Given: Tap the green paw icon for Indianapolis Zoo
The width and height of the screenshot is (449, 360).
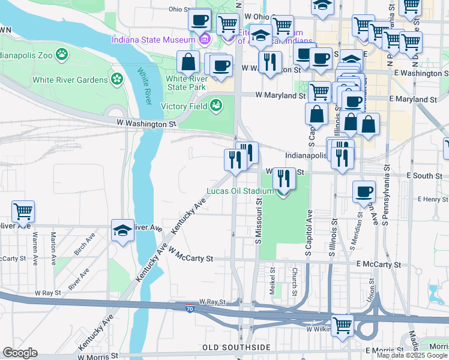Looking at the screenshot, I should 62,55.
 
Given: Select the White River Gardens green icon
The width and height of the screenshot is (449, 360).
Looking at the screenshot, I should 117,79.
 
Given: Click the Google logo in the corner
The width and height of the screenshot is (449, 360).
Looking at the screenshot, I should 20,353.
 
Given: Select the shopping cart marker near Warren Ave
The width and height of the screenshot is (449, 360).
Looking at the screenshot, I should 23,212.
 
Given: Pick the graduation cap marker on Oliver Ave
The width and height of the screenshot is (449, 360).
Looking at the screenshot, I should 122,231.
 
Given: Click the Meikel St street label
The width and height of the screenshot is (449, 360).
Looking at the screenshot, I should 272,279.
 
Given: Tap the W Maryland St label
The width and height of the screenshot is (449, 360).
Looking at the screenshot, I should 280,95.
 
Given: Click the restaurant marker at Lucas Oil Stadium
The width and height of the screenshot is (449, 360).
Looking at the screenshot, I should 283,179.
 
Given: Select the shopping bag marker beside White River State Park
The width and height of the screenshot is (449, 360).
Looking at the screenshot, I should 188,62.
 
